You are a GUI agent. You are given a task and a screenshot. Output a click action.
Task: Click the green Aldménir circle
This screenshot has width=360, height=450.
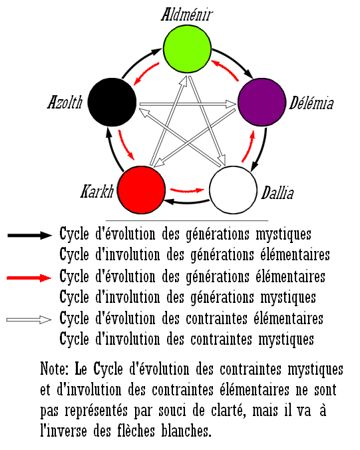coord(187,49)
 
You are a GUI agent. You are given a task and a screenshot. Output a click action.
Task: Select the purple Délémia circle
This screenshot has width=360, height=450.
coord(262,102)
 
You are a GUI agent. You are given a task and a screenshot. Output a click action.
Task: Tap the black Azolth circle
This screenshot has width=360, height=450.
coord(112,102)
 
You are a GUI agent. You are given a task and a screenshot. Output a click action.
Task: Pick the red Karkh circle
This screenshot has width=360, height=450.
coord(142,190)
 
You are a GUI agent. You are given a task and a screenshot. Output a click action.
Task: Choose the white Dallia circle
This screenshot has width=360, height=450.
coord(233,190)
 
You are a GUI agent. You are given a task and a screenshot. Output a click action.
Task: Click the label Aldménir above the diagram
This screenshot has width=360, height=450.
coord(187,15)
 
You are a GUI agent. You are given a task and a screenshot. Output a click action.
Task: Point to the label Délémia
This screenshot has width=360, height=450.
coord(311,103)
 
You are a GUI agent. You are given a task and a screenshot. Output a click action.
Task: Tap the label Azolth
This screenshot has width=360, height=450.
coord(65,102)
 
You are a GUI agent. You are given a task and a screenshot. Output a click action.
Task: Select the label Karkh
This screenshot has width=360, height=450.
coord(97,192)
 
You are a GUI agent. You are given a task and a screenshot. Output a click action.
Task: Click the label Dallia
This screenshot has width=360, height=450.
coord(277,192)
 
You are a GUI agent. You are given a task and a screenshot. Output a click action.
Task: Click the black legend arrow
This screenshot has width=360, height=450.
coord(30,236)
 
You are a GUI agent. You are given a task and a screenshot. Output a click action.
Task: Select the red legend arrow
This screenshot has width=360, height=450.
coord(29,278)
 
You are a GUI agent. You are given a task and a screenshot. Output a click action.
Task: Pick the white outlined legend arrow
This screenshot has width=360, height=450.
coord(29,320)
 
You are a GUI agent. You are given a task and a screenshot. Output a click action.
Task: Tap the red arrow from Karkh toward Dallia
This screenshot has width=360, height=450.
coord(187,190)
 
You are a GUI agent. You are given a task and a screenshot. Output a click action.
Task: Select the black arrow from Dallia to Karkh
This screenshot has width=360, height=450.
coord(187,202)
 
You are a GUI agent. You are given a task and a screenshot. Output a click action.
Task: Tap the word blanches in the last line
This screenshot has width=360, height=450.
coord(186,431)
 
